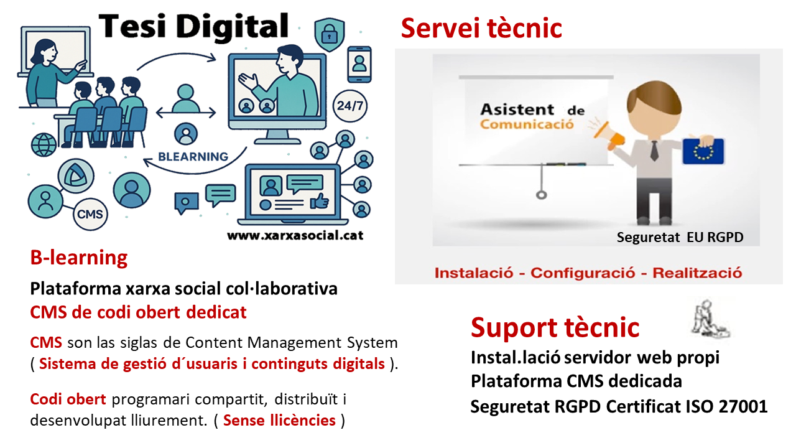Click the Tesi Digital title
[x=193, y=27]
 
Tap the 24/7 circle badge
[x=349, y=106]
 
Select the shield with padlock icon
[x=330, y=34]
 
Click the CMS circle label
[x=90, y=214]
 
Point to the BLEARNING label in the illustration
[x=193, y=156]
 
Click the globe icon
[x=44, y=145]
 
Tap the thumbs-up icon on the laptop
[x=320, y=201]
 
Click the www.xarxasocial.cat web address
[x=295, y=235]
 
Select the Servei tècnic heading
[x=481, y=28]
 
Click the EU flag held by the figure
[x=703, y=151]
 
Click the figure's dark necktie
[x=654, y=151]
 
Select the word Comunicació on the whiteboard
[x=527, y=124]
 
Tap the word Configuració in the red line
[x=583, y=273]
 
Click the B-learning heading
[x=78, y=258]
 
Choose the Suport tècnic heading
[x=555, y=327]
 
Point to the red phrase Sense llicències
[x=279, y=420]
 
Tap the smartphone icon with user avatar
[x=359, y=64]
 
